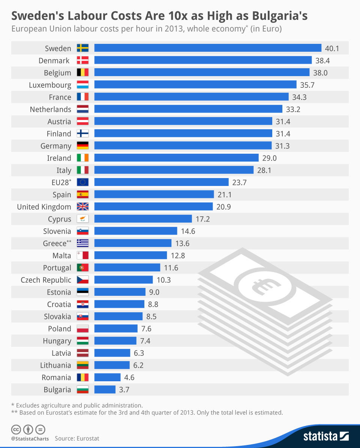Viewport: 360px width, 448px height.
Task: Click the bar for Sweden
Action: coord(208,48)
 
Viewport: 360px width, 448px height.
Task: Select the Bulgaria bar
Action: coord(105,390)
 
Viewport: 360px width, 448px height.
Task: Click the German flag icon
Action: coord(82,146)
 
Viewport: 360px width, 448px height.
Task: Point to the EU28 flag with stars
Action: coord(82,182)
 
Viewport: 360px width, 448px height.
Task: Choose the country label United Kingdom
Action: coord(44,207)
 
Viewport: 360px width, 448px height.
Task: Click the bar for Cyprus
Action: coord(143,219)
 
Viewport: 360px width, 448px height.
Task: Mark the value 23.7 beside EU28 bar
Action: coord(239,182)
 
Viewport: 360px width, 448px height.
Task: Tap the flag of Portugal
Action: coord(82,268)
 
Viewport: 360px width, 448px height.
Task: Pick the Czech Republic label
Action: coord(46,280)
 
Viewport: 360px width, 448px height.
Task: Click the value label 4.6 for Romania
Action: coord(129,377)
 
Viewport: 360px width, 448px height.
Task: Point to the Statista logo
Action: coord(326,436)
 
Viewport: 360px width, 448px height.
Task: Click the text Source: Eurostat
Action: coord(77,438)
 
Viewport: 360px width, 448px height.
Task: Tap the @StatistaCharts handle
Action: coord(30,439)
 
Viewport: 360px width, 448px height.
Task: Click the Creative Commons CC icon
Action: coord(16,430)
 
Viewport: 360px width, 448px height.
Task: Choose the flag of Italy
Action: coord(82,170)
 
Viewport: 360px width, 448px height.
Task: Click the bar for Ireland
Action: coord(176,158)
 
